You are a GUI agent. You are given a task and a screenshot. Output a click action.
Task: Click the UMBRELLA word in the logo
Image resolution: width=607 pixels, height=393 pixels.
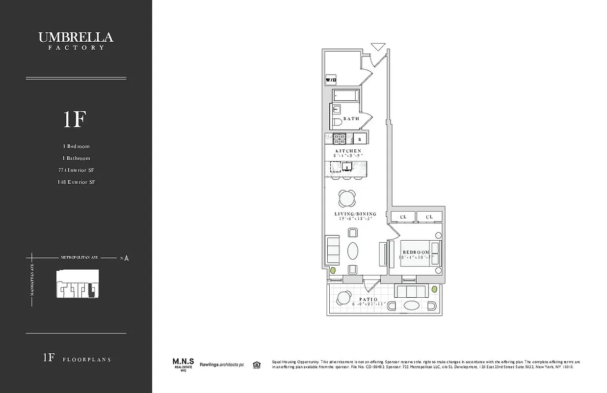click(x=76, y=37)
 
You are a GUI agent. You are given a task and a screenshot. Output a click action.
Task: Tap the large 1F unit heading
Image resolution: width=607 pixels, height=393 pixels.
click(x=75, y=119)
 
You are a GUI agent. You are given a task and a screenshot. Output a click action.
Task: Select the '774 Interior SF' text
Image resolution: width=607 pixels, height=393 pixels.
click(x=76, y=170)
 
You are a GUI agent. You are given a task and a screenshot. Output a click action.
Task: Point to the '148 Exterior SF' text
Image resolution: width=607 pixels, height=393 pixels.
click(x=76, y=182)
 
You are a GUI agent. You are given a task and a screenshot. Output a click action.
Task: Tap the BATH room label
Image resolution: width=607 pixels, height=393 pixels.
click(x=351, y=118)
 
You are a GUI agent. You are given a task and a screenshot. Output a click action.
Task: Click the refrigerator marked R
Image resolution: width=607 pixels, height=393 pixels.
click(x=359, y=139)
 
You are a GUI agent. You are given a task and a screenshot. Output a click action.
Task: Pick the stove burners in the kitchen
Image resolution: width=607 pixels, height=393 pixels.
click(x=340, y=139)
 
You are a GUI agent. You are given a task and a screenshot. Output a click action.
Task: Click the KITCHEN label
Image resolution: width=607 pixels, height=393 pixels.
click(x=348, y=151)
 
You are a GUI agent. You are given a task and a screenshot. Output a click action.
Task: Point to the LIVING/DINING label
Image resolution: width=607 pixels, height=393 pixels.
click(x=355, y=214)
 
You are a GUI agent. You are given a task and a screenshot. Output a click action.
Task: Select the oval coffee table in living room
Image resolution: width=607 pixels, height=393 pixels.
click(x=353, y=251)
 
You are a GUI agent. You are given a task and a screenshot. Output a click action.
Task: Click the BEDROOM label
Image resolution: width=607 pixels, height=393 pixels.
click(x=416, y=252)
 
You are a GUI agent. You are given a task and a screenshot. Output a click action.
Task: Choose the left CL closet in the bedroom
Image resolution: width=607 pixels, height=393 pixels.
click(x=403, y=217)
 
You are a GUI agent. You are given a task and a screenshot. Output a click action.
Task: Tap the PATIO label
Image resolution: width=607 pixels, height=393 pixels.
click(x=368, y=299)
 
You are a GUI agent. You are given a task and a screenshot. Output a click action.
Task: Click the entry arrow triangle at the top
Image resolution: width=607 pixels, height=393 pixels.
click(x=378, y=47)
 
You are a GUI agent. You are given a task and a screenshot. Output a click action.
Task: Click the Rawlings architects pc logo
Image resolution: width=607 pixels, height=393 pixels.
click(x=224, y=364)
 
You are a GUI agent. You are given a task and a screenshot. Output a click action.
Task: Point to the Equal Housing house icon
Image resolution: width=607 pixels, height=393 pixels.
click(x=256, y=364)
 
